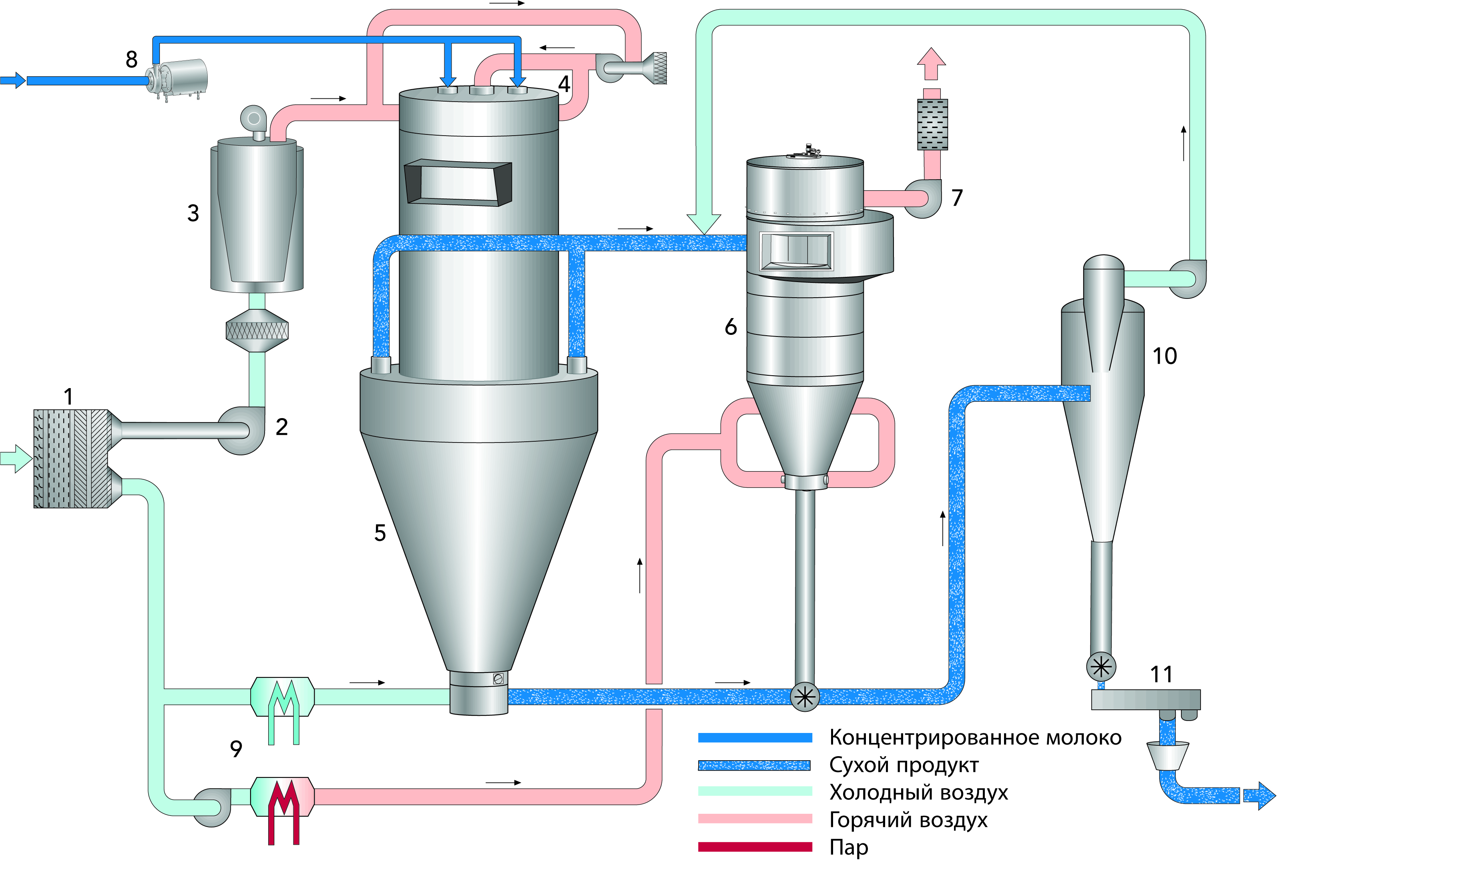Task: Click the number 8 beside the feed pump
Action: tap(132, 59)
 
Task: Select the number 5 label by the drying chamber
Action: tap(380, 533)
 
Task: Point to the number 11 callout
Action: tap(1161, 675)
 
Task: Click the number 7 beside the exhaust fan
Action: tap(957, 198)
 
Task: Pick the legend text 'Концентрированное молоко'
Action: tap(975, 738)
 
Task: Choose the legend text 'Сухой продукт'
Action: tap(903, 765)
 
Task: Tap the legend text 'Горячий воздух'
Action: tap(908, 819)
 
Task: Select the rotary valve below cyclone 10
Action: tap(1101, 667)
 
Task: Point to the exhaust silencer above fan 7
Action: tap(932, 124)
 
